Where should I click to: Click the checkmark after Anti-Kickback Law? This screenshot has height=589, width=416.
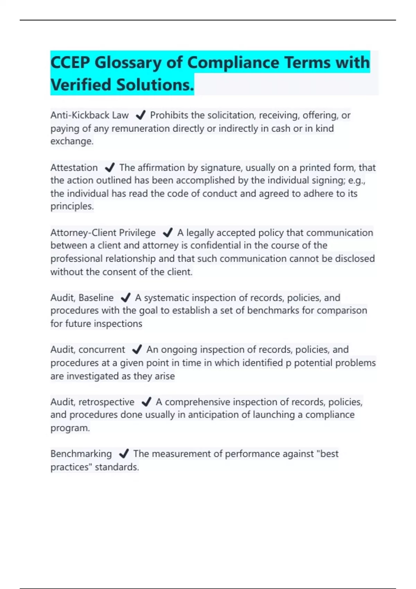point(140,115)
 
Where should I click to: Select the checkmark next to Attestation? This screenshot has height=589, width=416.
point(110,168)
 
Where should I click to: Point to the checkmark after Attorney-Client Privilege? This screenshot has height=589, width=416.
point(167,232)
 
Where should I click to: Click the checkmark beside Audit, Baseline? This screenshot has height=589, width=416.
point(125,298)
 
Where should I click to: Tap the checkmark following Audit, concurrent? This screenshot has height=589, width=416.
point(137,349)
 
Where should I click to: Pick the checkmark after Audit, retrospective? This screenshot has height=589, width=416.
point(146,402)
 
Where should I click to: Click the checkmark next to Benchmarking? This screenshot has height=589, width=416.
point(124,454)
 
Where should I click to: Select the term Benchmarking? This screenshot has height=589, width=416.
point(81,454)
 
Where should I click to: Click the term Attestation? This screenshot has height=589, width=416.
point(74,168)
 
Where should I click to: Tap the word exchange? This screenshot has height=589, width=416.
point(71,141)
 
